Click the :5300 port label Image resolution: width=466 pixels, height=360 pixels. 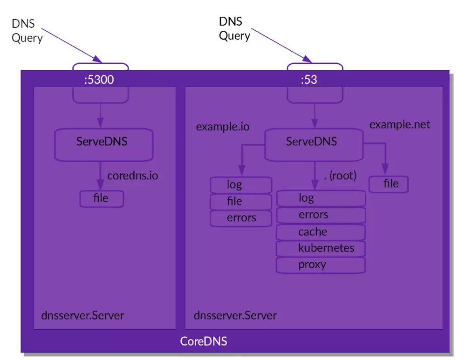click(x=99, y=80)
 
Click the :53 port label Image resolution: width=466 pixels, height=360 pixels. click(x=308, y=80)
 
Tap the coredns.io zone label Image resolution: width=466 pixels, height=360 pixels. click(x=132, y=176)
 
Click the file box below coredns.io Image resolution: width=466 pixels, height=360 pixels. click(x=101, y=198)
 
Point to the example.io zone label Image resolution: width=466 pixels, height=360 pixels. click(x=222, y=127)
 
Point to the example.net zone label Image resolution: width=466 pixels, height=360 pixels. click(x=399, y=125)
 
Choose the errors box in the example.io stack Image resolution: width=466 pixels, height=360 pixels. click(x=240, y=218)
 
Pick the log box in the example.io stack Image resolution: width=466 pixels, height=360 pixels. click(x=240, y=185)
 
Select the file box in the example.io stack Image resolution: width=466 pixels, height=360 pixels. click(x=240, y=201)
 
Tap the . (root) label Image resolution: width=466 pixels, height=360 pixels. click(x=340, y=176)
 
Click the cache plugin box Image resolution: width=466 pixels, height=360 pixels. click(x=321, y=231)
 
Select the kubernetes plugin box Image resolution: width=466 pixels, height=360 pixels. click(x=321, y=248)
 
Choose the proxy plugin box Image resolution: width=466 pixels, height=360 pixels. click(x=321, y=265)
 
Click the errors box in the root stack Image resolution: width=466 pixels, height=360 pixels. click(x=321, y=215)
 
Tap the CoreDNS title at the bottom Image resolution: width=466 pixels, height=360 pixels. click(x=204, y=341)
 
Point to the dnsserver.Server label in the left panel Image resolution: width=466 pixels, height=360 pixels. click(x=82, y=315)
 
